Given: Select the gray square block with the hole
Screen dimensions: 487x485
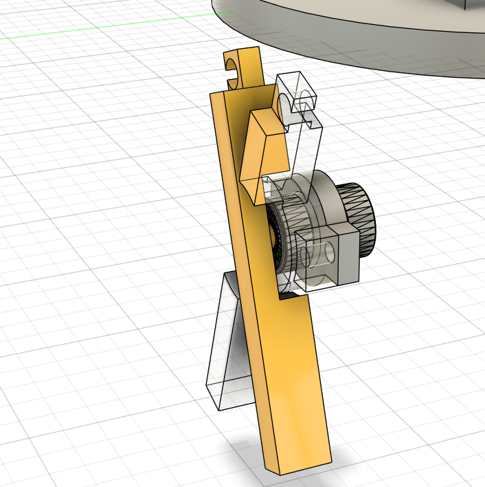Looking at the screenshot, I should point(330,258).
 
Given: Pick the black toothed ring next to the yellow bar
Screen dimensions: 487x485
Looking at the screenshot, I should point(275,237).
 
